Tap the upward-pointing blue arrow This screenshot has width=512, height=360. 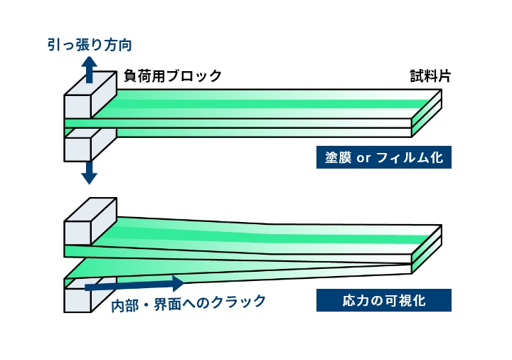(89, 72)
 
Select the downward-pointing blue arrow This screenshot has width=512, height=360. (89, 172)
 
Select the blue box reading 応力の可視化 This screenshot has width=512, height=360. (383, 300)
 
